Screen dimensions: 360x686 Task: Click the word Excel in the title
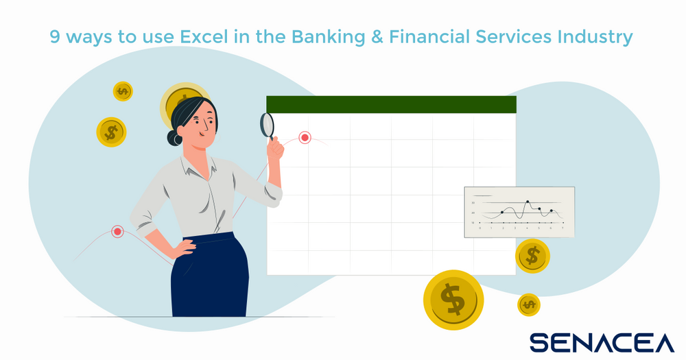pyautogui.click(x=203, y=36)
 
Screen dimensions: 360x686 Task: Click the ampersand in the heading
pyautogui.click(x=375, y=37)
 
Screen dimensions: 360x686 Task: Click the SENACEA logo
pyautogui.click(x=602, y=341)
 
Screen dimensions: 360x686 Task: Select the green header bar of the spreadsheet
pyautogui.click(x=391, y=104)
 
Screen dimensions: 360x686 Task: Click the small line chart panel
pyautogui.click(x=519, y=212)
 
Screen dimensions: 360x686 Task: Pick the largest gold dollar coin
pyautogui.click(x=453, y=300)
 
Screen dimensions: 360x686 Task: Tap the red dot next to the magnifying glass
pyautogui.click(x=305, y=138)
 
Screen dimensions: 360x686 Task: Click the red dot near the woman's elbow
pyautogui.click(x=117, y=232)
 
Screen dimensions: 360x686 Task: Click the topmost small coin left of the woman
pyautogui.click(x=123, y=91)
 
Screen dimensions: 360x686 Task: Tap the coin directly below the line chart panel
pyautogui.click(x=532, y=256)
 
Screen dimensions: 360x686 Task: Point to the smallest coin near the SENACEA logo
pyautogui.click(x=528, y=304)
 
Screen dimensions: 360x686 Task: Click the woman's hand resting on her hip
pyautogui.click(x=184, y=246)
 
